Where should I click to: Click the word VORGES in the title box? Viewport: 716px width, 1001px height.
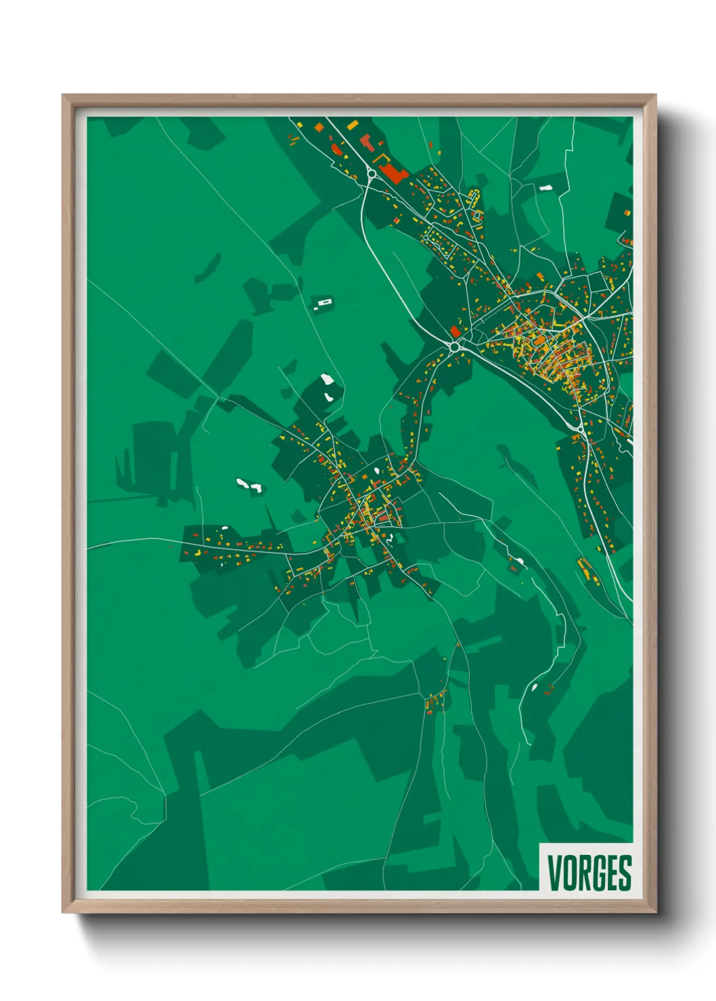pyautogui.click(x=589, y=872)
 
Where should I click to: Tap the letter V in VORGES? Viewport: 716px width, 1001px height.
pyautogui.click(x=554, y=872)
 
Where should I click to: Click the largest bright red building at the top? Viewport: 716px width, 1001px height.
pyautogui.click(x=392, y=172)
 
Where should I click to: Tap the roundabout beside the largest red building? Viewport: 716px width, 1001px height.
pyautogui.click(x=372, y=174)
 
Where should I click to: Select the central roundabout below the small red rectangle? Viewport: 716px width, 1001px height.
pyautogui.click(x=454, y=346)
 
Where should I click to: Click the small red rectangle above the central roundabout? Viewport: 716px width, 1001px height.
pyautogui.click(x=455, y=331)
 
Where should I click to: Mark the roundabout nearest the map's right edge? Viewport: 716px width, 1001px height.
pyautogui.click(x=580, y=428)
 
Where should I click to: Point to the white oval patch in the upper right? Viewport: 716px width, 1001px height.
pyautogui.click(x=545, y=188)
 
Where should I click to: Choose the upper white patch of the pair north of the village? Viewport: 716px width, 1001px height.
pyautogui.click(x=328, y=379)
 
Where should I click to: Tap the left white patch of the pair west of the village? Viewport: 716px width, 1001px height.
pyautogui.click(x=242, y=482)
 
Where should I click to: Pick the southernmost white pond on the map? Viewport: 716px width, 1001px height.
pyautogui.click(x=534, y=687)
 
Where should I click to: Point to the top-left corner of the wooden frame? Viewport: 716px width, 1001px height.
pyautogui.click(x=64, y=96)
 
